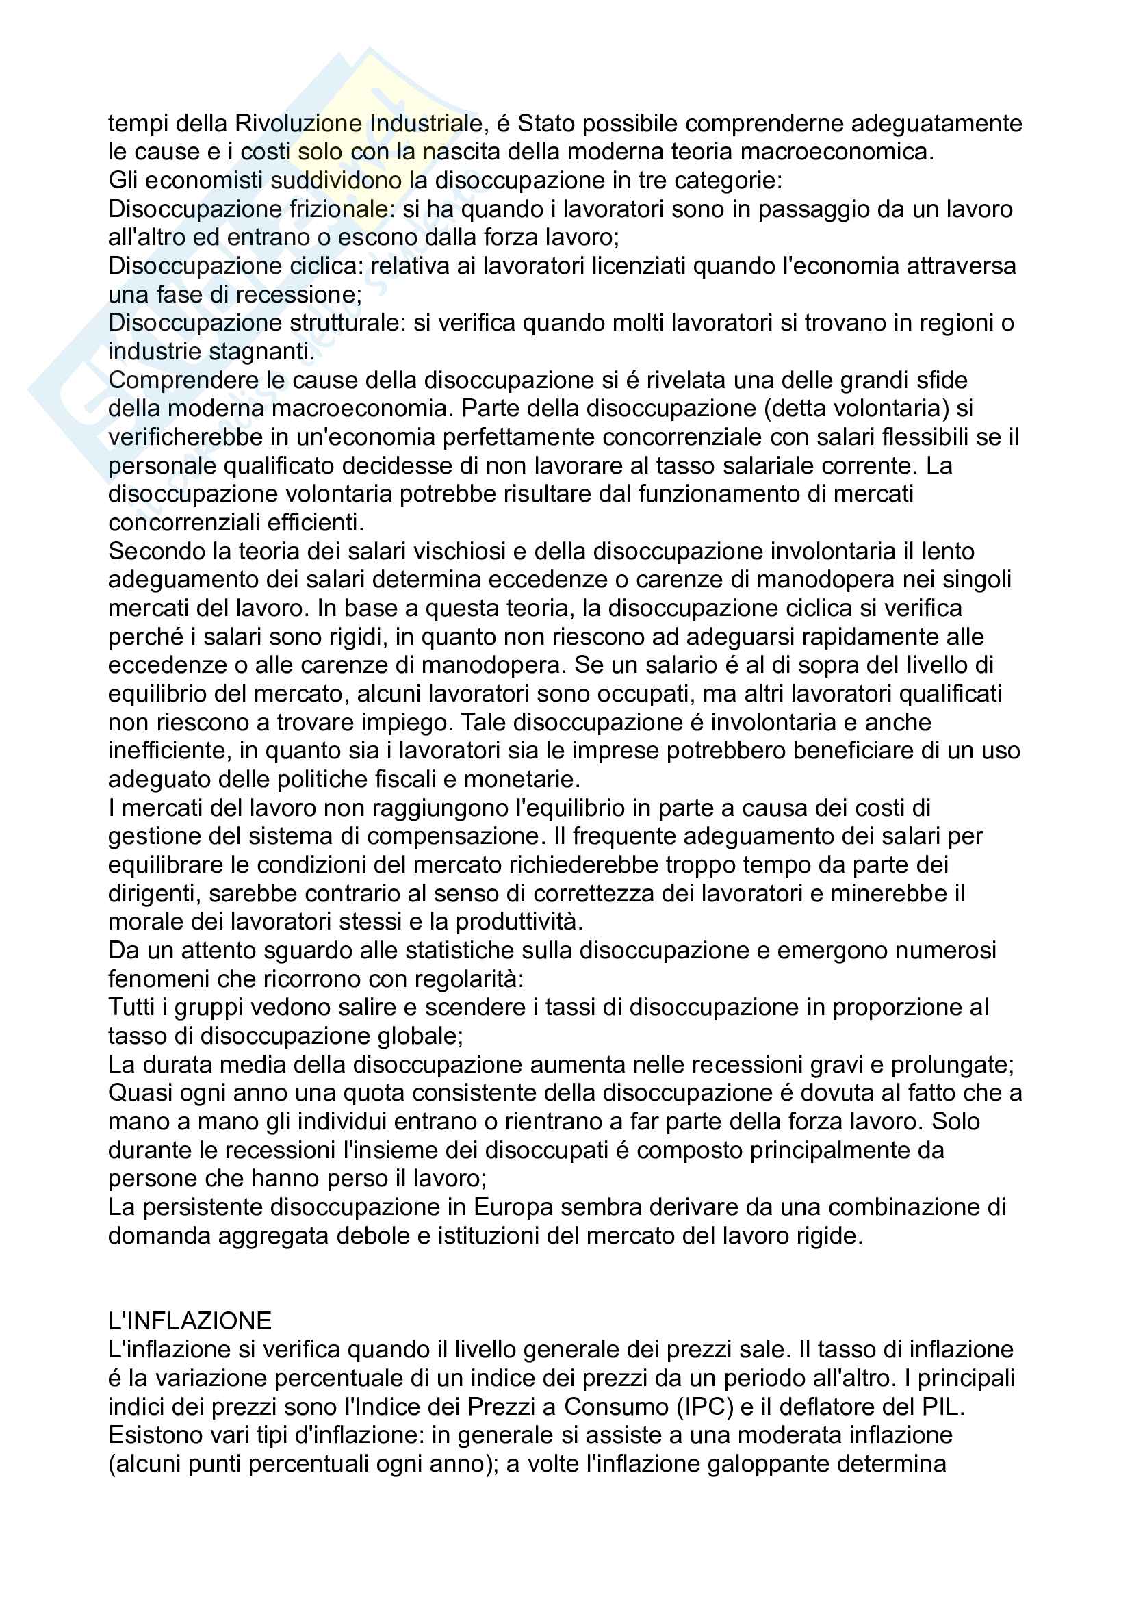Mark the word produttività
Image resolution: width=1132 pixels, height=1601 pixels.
coord(519,922)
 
